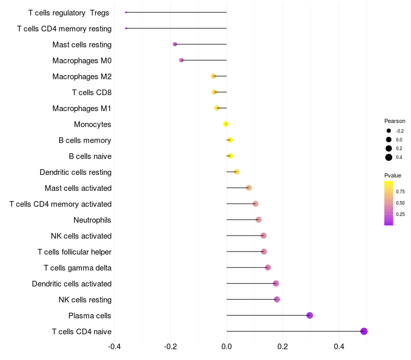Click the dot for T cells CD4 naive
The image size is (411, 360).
364,331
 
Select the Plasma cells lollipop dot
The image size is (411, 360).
309,315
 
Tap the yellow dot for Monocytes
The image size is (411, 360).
226,124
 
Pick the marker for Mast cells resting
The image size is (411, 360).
175,44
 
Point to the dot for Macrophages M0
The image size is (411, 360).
181,60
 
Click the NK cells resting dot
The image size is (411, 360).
277,299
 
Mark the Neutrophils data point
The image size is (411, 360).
258,220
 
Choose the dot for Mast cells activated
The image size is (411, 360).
249,188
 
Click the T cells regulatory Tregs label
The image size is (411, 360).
68,12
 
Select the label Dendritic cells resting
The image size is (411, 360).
76,172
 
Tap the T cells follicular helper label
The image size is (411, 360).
74,252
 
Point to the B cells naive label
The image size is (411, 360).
90,156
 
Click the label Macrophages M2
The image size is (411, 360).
82,77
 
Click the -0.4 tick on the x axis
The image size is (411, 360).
115,346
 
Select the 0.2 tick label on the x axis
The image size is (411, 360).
283,346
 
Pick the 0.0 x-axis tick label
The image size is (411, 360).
227,346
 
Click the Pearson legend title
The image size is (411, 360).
395,121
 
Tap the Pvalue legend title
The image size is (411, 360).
393,175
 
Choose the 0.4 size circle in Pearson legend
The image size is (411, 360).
389,157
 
